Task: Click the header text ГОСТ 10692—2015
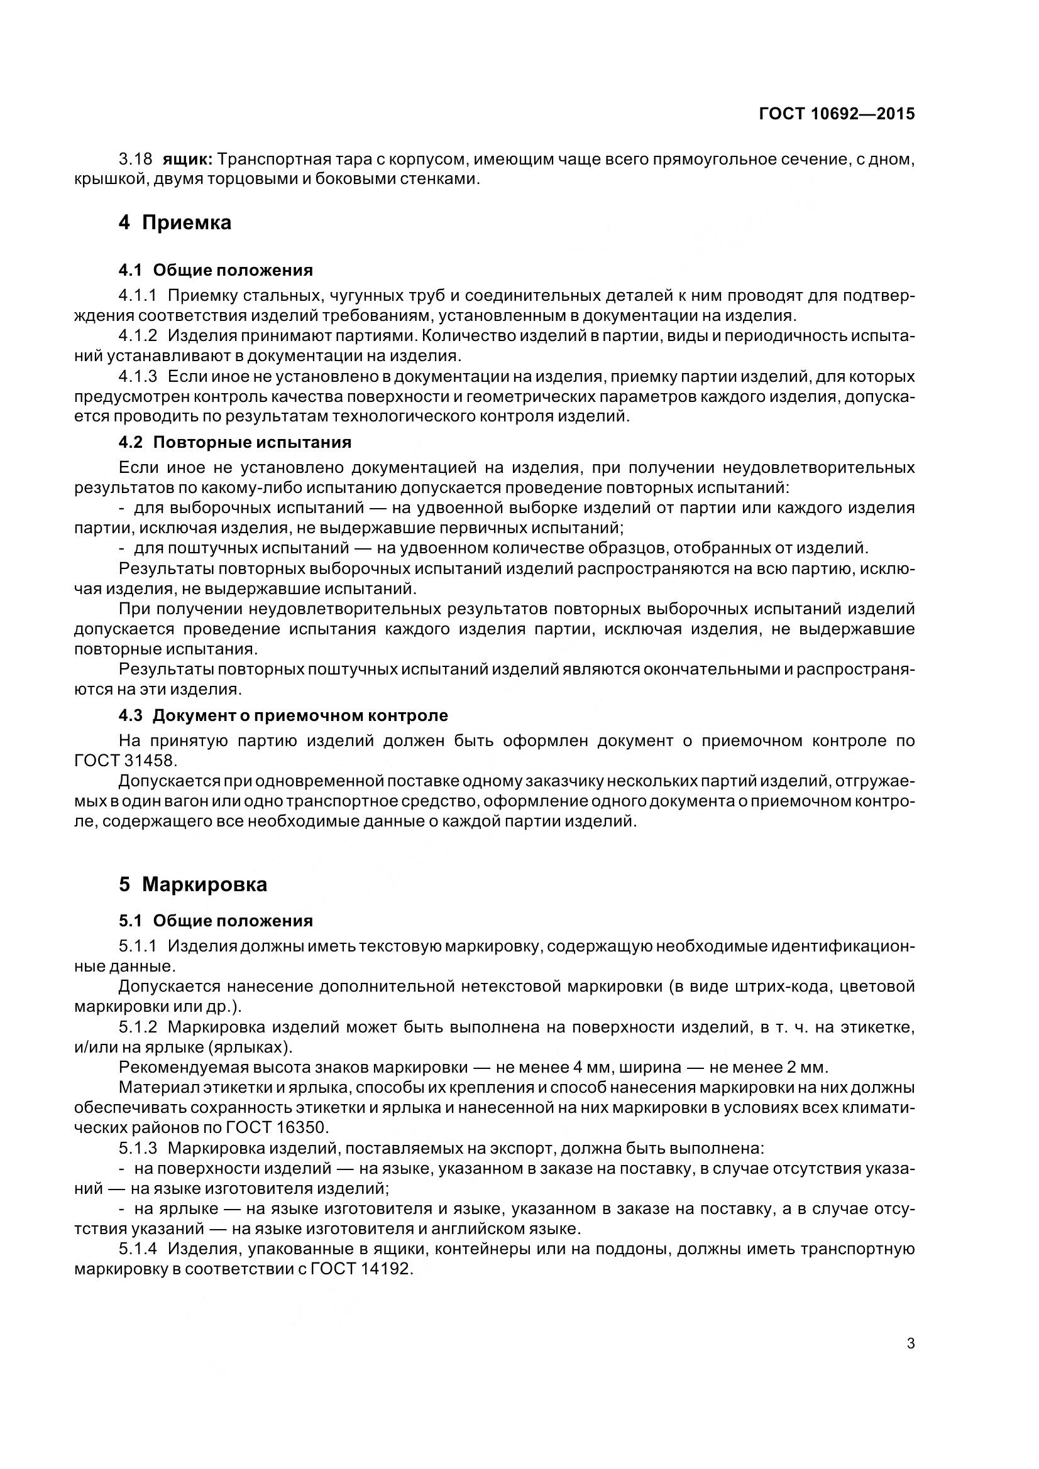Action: pos(836,114)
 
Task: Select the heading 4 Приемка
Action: pos(175,223)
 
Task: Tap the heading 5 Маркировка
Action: pos(193,884)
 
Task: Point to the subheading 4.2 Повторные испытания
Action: pos(234,442)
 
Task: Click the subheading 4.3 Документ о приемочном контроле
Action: pos(283,715)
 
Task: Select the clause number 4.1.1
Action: pos(138,295)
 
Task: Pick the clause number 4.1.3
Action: pos(138,376)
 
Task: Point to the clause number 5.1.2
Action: pos(138,1027)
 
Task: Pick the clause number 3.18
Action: pos(135,159)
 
